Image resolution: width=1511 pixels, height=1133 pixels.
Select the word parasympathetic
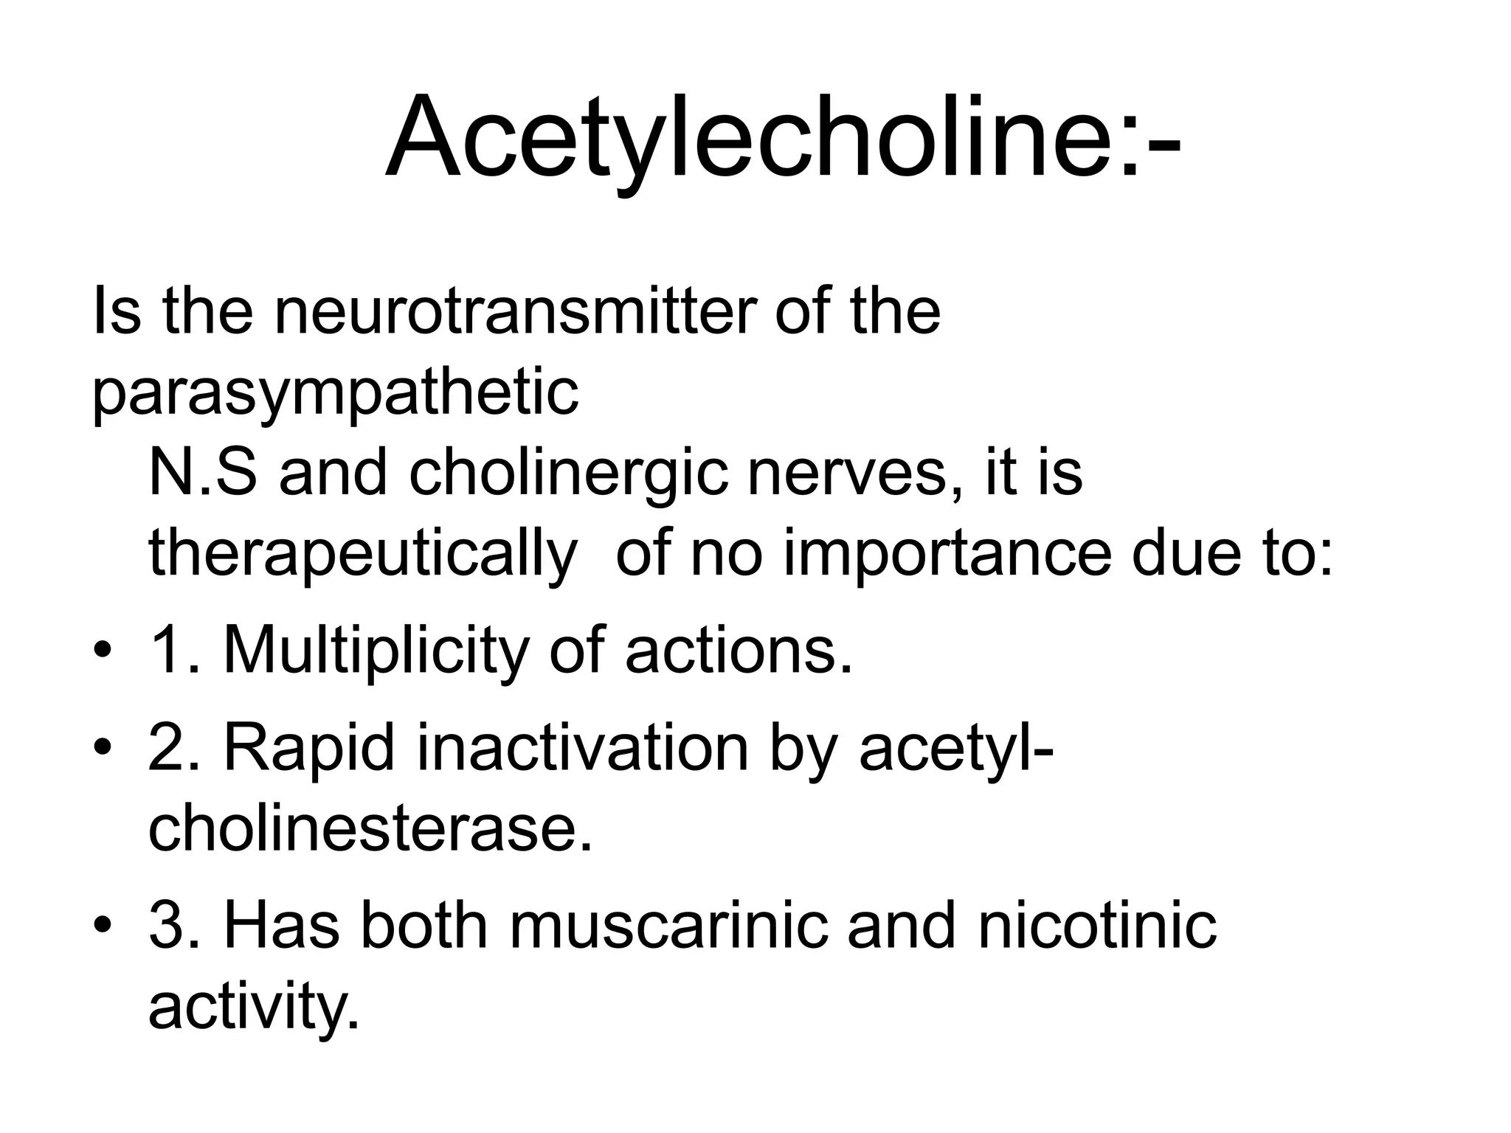click(x=335, y=392)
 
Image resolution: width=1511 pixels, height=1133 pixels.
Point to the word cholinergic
click(x=570, y=474)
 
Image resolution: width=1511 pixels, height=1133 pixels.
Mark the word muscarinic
click(x=668, y=926)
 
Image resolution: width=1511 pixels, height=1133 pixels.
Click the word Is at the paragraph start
click(x=116, y=311)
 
